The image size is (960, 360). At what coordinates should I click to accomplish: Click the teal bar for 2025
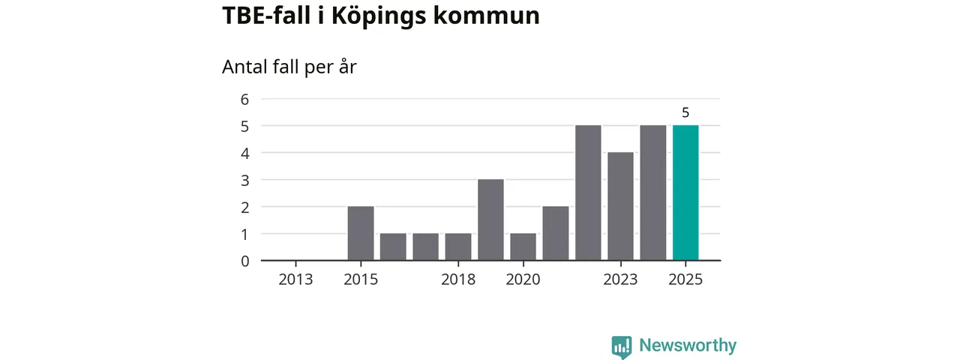685,193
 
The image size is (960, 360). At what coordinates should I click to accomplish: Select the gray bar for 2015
361,233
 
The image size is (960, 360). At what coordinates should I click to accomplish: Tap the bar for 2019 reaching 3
490,220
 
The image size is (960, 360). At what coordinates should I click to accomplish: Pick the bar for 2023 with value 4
620,206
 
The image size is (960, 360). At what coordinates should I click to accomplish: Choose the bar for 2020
523,247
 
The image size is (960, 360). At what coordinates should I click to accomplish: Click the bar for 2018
458,247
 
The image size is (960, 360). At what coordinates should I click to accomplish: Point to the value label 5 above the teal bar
685,113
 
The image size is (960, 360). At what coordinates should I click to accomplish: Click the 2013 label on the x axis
296,280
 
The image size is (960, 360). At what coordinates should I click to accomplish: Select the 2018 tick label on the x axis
458,280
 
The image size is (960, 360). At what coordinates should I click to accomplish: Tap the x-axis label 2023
620,280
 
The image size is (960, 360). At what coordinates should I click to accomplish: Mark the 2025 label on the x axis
685,280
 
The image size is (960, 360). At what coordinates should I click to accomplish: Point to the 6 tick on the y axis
244,99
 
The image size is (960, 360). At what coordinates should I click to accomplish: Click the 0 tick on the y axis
244,261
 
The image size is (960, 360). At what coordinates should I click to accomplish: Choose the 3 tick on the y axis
244,180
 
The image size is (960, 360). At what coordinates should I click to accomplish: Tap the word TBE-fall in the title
266,16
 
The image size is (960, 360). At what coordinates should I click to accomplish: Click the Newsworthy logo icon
621,346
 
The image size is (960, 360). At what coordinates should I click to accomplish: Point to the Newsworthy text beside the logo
688,346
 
